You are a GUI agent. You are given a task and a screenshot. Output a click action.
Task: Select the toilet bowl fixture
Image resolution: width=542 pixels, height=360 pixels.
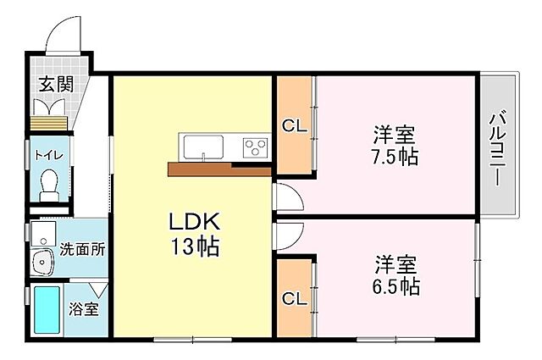coord(49,182)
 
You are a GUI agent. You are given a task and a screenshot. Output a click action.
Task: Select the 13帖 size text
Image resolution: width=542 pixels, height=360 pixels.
coord(194,247)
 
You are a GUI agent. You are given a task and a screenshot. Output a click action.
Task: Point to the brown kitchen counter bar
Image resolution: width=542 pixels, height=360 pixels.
coord(218,169)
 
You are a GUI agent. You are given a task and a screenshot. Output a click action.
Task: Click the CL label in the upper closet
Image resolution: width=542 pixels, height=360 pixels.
coord(294,126)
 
